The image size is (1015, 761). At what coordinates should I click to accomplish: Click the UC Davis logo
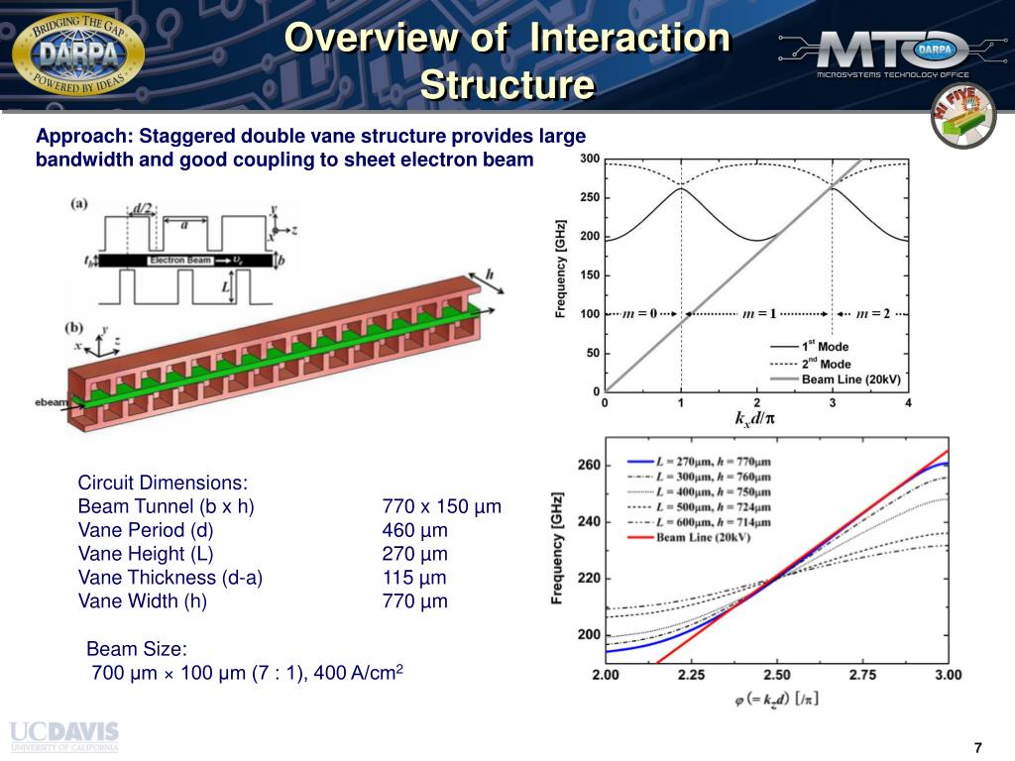pyautogui.click(x=64, y=736)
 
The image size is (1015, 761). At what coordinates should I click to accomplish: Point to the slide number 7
pyautogui.click(x=977, y=747)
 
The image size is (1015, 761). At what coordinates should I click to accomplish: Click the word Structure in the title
pyautogui.click(x=507, y=85)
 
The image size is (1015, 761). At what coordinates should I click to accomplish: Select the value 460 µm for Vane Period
pyautogui.click(x=414, y=530)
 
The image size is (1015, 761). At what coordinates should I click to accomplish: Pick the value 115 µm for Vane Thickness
pyautogui.click(x=414, y=578)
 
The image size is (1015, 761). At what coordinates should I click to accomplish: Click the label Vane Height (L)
pyautogui.click(x=146, y=554)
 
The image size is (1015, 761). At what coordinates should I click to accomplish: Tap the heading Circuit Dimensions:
pyautogui.click(x=164, y=483)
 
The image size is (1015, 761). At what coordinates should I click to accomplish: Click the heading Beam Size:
pyautogui.click(x=137, y=649)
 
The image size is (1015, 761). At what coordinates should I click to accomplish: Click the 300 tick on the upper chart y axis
pyautogui.click(x=590, y=159)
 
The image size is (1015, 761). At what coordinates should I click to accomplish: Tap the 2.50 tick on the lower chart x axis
pyautogui.click(x=777, y=675)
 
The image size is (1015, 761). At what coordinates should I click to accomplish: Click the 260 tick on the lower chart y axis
pyautogui.click(x=589, y=465)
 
